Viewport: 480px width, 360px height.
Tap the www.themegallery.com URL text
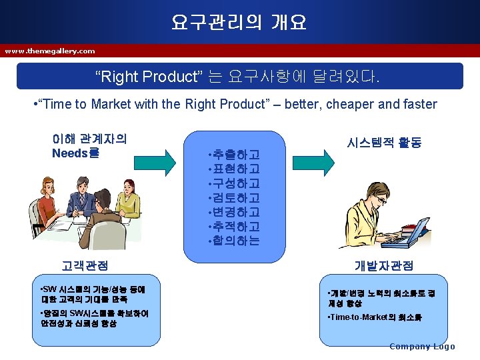(x=50, y=51)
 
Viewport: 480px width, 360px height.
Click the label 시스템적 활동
(x=384, y=143)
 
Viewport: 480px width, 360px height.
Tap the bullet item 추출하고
(x=234, y=155)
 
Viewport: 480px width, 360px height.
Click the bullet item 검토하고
(x=234, y=197)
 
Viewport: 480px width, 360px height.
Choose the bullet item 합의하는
(x=234, y=241)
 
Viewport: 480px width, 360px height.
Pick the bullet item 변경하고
(x=234, y=212)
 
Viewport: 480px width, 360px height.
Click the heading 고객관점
(x=85, y=265)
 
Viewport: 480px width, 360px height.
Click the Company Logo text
(x=422, y=346)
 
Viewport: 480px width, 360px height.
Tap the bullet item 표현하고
(x=234, y=169)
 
